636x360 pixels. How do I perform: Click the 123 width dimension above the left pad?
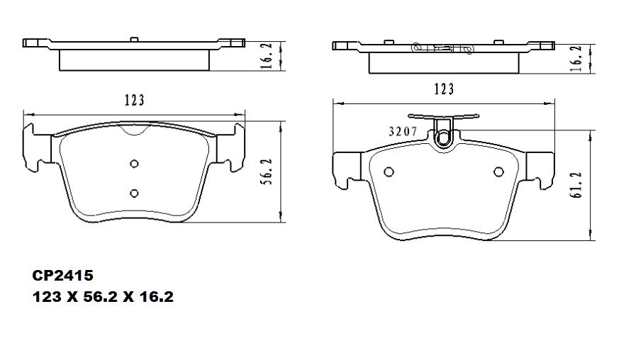(134, 100)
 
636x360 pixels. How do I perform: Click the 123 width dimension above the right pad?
(444, 89)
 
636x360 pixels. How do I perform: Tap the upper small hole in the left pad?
(134, 164)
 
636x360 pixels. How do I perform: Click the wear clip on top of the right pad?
(444, 132)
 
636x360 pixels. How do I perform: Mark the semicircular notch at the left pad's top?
(134, 130)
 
